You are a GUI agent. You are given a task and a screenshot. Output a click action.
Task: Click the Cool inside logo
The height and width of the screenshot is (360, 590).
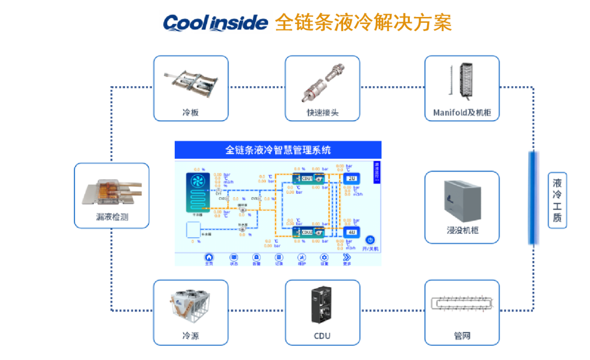(x=215, y=22)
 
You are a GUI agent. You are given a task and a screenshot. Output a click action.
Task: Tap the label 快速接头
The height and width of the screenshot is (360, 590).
(x=322, y=113)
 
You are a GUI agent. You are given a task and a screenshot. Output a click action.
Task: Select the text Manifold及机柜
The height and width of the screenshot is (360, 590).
(x=462, y=113)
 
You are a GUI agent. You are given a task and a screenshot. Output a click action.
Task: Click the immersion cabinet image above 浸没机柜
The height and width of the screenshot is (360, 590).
(x=462, y=199)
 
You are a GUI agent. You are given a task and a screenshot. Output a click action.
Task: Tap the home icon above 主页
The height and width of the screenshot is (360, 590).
(x=209, y=257)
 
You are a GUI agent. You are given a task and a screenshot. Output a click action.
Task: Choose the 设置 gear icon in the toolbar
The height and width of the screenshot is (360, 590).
(x=324, y=257)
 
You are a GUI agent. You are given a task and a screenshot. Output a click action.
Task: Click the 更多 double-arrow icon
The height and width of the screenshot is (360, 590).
(x=346, y=257)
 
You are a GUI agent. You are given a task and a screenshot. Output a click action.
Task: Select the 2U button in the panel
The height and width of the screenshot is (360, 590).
(x=352, y=178)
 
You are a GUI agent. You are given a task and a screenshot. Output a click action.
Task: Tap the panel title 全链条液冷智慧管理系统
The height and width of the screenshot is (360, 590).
(x=278, y=150)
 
